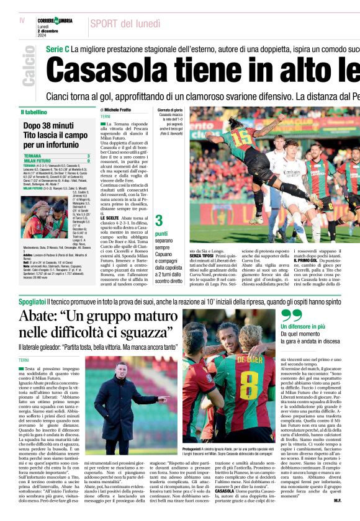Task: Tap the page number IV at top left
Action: click(x=22, y=20)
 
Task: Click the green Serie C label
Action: click(x=57, y=48)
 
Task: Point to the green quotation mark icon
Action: click(x=290, y=316)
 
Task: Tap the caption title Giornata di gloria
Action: click(x=170, y=110)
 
